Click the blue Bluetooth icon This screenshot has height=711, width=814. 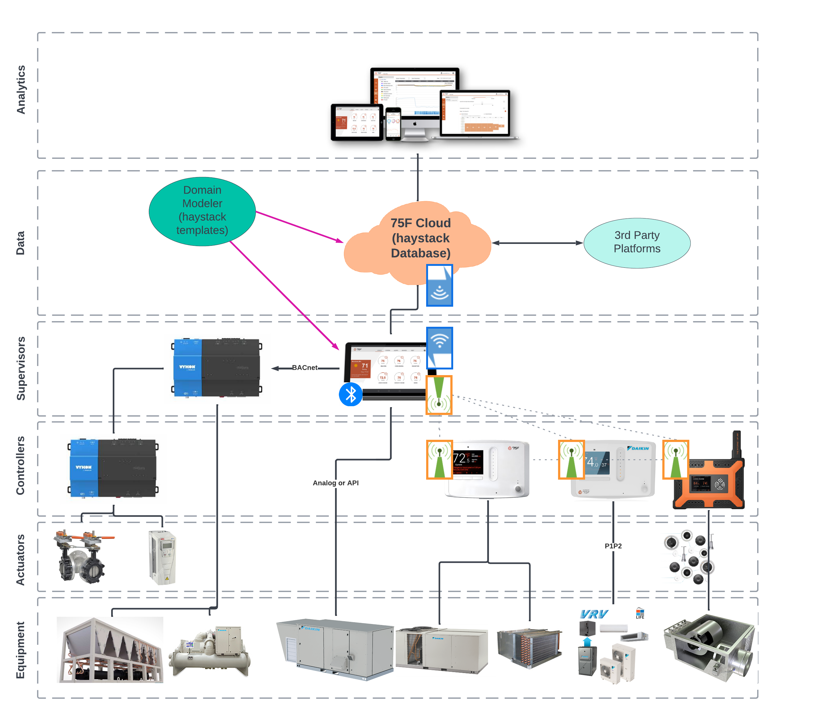click(x=350, y=394)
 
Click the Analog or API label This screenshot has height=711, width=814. click(x=335, y=483)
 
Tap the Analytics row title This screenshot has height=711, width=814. click(x=21, y=90)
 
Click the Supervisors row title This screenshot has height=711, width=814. click(x=21, y=368)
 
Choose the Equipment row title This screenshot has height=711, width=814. click(x=21, y=649)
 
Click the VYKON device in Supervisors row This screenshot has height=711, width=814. click(x=217, y=368)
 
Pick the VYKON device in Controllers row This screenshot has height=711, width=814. click(x=113, y=468)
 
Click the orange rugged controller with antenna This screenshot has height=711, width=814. click(x=709, y=482)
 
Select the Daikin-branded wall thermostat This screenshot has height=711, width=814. click(x=613, y=468)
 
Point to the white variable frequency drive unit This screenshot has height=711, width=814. click(x=162, y=557)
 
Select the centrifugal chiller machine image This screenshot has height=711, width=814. click(x=210, y=651)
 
